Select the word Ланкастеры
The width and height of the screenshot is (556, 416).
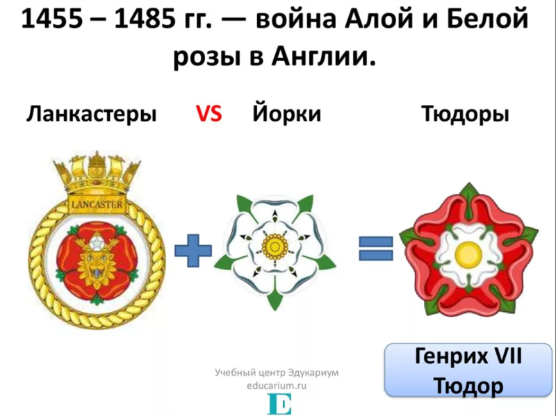tap(92, 114)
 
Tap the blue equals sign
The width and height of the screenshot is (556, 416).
tap(376, 248)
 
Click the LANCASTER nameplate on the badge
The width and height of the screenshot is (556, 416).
tap(97, 203)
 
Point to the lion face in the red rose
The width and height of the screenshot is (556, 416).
tap(97, 260)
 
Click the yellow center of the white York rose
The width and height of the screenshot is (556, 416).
tap(275, 245)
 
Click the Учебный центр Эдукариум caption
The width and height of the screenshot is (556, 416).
tap(276, 373)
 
